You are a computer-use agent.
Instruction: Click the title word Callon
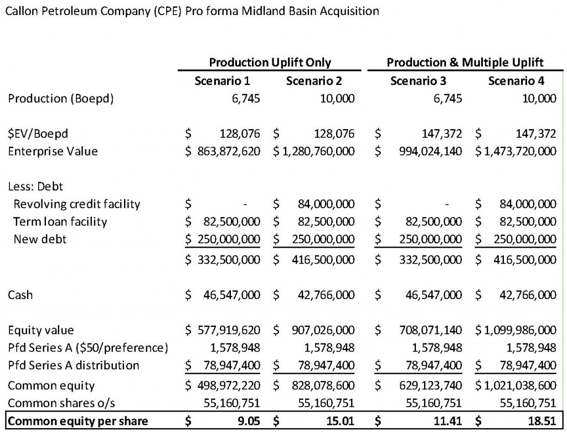(x=20, y=11)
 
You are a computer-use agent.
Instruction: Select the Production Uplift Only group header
(x=270, y=62)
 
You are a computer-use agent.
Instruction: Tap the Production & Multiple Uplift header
(x=465, y=62)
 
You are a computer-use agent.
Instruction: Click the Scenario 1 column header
(x=223, y=81)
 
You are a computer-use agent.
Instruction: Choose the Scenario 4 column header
(x=516, y=81)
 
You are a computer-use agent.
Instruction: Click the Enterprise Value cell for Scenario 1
(x=229, y=151)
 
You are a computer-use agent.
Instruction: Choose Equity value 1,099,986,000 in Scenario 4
(x=520, y=330)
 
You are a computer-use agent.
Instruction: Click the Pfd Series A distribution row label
(x=74, y=366)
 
